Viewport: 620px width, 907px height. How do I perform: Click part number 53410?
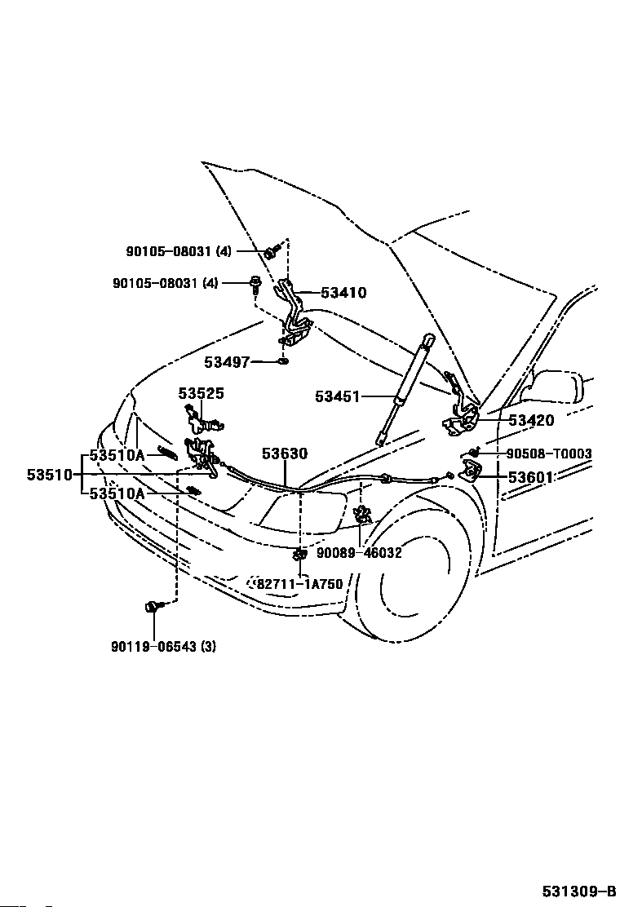tap(343, 293)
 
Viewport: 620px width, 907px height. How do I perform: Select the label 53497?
tap(226, 362)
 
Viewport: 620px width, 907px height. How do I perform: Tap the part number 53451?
tap(337, 397)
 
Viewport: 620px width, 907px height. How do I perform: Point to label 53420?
tap(531, 421)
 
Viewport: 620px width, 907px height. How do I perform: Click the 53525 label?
tap(201, 394)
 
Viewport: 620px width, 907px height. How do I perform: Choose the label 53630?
tap(285, 453)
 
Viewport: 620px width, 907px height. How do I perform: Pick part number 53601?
tap(531, 477)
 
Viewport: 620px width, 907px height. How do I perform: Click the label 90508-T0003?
tap(549, 454)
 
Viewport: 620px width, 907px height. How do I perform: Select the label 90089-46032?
tap(359, 552)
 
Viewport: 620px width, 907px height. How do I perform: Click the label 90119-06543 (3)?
tap(164, 647)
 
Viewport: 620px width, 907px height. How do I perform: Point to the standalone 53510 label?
tap(50, 474)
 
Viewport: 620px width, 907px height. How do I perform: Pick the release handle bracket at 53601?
tap(471, 471)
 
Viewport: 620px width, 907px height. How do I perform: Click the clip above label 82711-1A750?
tap(299, 555)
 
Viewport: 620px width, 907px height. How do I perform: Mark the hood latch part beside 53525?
tap(202, 422)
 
